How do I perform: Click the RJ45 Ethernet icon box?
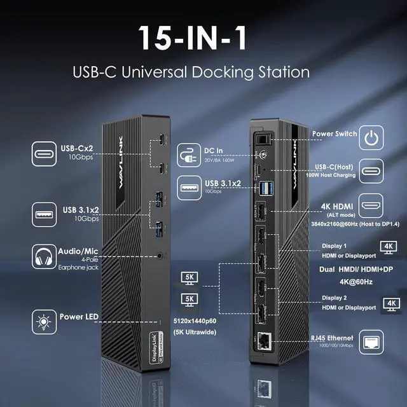tap(371, 342)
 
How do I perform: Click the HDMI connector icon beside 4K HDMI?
tap(371, 206)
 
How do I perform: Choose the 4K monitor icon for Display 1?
tap(387, 245)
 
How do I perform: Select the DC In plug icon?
tap(190, 154)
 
